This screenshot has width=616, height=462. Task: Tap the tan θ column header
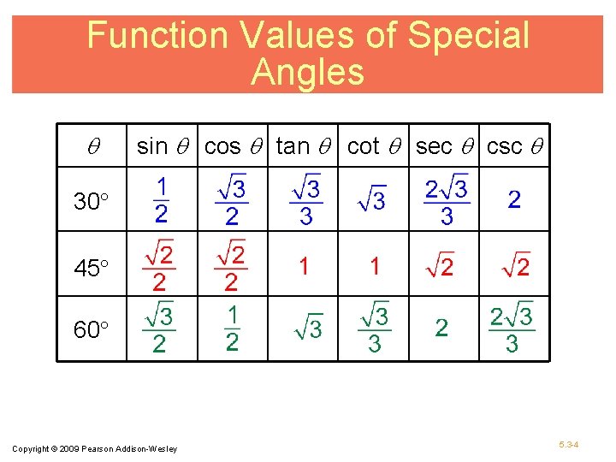(306, 146)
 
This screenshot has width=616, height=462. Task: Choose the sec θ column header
(447, 146)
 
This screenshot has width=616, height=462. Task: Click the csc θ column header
(517, 146)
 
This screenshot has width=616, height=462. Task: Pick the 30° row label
(92, 203)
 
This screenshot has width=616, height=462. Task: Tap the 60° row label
(92, 329)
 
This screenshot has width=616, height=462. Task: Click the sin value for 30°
(161, 199)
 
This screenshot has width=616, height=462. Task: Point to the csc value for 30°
(514, 200)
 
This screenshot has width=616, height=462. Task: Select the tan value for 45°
(304, 266)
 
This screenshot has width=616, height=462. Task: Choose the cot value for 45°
(375, 266)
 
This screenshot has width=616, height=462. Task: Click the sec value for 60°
(441, 328)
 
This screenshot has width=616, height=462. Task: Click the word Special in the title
(468, 36)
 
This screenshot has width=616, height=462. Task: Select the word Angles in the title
(307, 73)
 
